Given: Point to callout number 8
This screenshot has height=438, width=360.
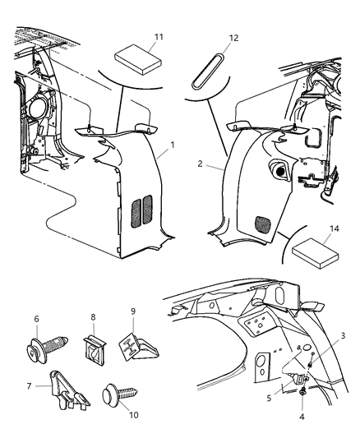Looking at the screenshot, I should pos(93,316).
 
